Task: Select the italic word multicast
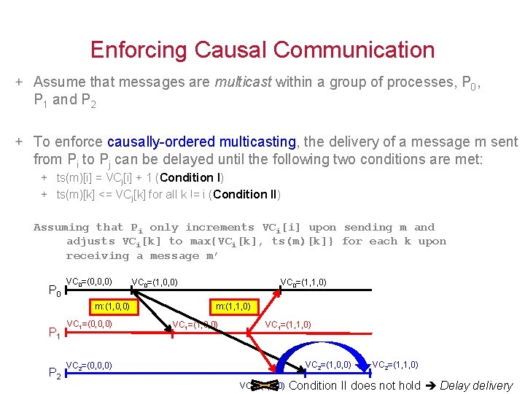(244, 82)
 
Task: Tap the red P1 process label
(54, 333)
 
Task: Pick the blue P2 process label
(54, 374)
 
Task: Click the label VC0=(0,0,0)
(89, 282)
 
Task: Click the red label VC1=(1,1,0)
(288, 325)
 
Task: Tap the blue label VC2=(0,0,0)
(89, 365)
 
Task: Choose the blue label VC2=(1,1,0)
(396, 365)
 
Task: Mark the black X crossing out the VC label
(265, 385)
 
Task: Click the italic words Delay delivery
(476, 385)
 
